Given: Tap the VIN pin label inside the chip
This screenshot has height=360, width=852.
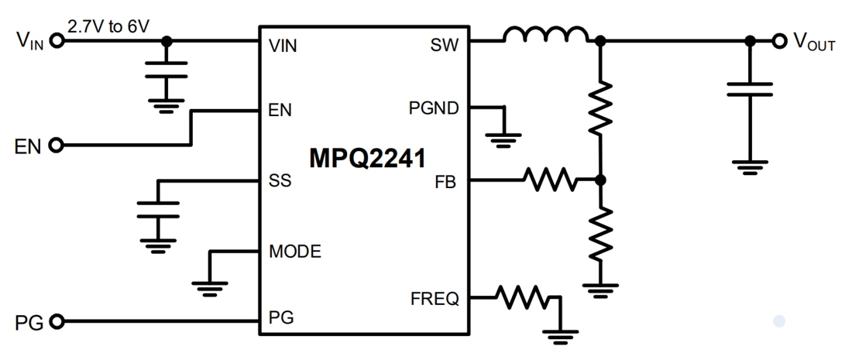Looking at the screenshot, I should (x=283, y=46).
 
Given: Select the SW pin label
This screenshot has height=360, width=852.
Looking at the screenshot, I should (x=444, y=46).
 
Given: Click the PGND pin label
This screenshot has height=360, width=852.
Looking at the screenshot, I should (x=434, y=108).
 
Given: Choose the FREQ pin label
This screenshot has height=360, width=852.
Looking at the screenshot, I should (x=435, y=297).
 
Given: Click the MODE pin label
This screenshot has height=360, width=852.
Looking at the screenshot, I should (x=296, y=251).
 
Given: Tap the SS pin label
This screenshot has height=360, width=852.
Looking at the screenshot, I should (x=279, y=183).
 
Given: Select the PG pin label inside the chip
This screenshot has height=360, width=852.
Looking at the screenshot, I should (x=280, y=317).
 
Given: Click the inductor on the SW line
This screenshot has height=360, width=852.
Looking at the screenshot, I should (x=545, y=35).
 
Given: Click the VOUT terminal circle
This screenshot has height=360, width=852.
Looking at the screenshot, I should (x=778, y=42).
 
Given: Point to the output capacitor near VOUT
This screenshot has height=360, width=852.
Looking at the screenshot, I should (x=749, y=89).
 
